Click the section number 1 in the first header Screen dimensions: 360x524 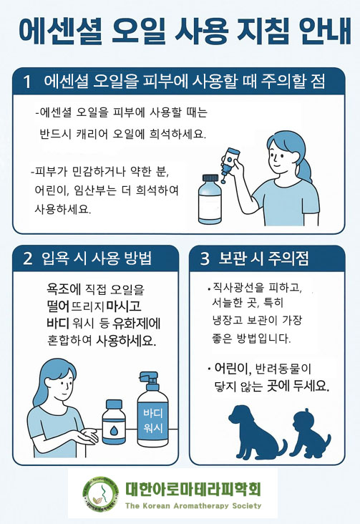click(x=27, y=82)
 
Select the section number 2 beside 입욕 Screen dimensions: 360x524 click(x=28, y=258)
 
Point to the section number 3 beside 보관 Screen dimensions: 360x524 click(x=205, y=258)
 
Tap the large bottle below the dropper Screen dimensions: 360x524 click(x=210, y=199)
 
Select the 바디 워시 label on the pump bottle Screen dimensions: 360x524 click(x=153, y=420)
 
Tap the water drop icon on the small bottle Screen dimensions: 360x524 click(x=114, y=430)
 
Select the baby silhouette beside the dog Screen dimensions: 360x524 click(x=311, y=433)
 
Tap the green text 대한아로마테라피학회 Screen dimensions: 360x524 click(x=193, y=489)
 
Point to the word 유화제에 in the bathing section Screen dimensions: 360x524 click(x=137, y=324)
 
